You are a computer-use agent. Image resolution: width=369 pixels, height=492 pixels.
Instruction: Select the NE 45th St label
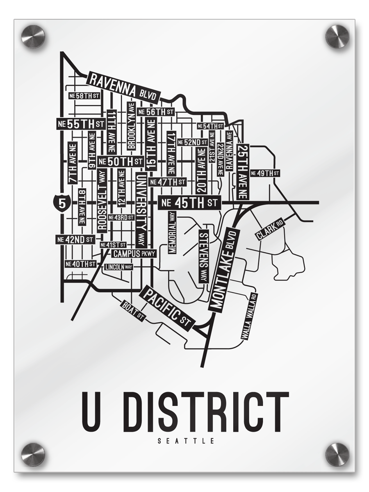[x=189, y=203]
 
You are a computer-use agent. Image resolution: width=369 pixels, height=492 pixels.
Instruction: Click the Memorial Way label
[x=172, y=232]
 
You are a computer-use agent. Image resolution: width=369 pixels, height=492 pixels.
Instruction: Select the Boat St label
[x=134, y=310]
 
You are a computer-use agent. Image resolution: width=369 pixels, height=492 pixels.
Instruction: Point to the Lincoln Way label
[x=119, y=267]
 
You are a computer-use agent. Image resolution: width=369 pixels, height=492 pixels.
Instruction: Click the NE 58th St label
[x=84, y=96]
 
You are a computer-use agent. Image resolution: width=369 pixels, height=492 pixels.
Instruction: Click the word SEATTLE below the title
[x=185, y=442]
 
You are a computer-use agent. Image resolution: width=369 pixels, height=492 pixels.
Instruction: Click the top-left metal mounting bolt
[x=33, y=36]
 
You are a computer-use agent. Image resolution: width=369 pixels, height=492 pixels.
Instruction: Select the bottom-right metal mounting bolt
[x=337, y=454]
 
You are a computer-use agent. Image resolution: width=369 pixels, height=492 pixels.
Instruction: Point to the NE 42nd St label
[x=76, y=239]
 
